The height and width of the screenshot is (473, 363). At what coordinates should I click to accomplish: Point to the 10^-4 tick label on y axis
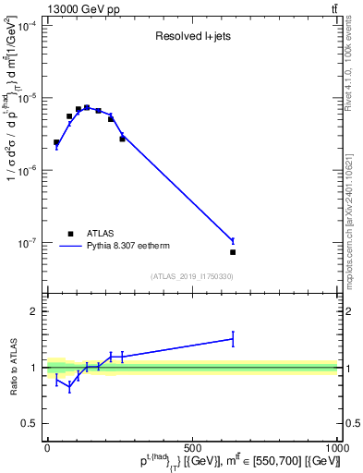(x=28, y=27)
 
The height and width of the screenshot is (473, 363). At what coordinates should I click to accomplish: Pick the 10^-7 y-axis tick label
(x=28, y=243)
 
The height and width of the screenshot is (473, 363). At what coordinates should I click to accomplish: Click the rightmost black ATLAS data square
(x=233, y=252)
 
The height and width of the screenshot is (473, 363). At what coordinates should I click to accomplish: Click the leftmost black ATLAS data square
(x=56, y=142)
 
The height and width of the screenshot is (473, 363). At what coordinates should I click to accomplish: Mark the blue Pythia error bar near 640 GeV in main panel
(x=233, y=241)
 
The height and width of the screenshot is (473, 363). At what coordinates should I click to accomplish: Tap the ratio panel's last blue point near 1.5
(x=233, y=339)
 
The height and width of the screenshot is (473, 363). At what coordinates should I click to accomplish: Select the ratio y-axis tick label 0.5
(x=28, y=423)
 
